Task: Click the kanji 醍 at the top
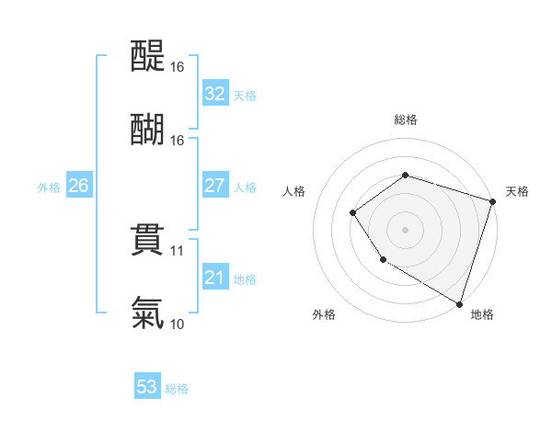pos(147,57)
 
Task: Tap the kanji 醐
pos(147,128)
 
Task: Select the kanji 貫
pos(147,238)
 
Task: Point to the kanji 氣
pos(147,312)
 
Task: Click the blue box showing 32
pos(214,94)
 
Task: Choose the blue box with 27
pos(214,186)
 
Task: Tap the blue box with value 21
pos(214,278)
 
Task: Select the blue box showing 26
pos(78,186)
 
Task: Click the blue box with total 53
pos(146,387)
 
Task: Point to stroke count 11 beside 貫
pos(178,250)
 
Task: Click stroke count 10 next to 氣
pos(178,324)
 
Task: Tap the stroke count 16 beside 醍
pos(178,67)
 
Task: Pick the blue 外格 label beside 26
pos(49,187)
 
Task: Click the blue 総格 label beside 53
pos(177,389)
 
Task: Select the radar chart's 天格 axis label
pos(517,191)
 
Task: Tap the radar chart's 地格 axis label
pos(482,315)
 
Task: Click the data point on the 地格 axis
pos(459,303)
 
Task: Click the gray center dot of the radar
pos(405,229)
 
